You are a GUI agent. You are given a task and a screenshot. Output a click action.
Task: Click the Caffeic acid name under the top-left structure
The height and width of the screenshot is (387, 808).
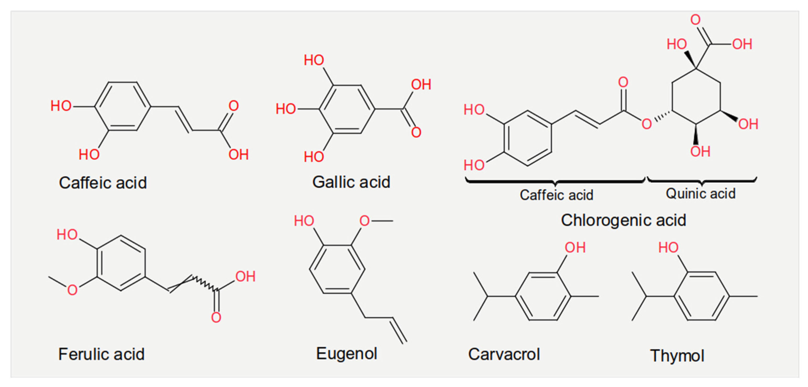pos(103,183)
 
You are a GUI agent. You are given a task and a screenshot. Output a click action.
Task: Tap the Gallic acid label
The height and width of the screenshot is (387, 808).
pos(351,182)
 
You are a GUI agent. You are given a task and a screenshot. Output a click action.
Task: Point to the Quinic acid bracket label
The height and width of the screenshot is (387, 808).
pos(701,193)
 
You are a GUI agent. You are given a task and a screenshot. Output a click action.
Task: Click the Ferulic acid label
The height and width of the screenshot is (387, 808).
pos(101,354)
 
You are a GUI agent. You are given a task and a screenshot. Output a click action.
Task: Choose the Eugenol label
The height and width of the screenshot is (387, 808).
pos(346,354)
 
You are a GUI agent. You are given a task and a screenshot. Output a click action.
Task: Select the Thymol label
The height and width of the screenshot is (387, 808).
pos(677,356)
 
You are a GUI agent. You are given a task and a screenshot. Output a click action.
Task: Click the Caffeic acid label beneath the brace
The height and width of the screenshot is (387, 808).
pos(556,195)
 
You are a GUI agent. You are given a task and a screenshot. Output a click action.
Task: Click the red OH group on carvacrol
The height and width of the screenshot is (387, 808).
pos(575,248)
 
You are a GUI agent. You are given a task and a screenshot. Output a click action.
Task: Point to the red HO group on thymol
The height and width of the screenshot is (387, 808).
pos(668,248)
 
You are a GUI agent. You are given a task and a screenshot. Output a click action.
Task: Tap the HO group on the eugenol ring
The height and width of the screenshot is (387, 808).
pos(304,221)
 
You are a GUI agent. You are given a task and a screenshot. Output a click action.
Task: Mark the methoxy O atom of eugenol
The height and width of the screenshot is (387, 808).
pos(364,221)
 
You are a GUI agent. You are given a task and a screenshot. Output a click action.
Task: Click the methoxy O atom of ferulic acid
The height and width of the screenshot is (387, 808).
pos(72,290)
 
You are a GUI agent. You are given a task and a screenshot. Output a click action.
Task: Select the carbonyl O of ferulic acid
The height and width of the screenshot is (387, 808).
pos(216,317)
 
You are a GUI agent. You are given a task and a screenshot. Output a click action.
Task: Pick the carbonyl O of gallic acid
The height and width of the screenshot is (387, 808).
pos(416,132)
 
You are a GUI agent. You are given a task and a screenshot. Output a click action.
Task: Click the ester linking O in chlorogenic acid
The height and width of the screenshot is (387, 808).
pos(646,124)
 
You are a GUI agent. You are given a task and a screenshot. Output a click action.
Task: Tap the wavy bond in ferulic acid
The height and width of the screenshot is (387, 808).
pos(204,283)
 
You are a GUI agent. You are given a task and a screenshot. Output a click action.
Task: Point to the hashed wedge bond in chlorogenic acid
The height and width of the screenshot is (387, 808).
pos(662,116)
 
